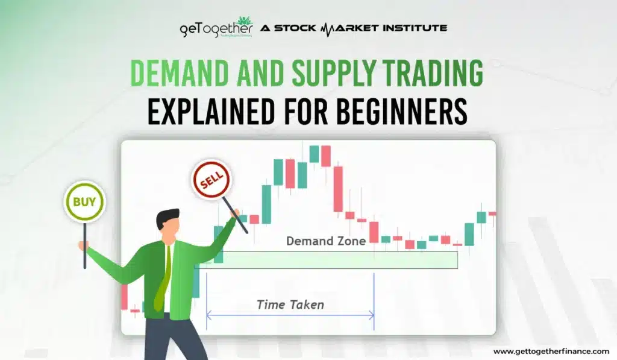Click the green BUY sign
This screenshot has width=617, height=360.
[84, 201]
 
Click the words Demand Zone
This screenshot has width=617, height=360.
[325, 241]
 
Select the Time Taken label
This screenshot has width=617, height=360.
[290, 305]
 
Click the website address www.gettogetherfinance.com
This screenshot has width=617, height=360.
[551, 351]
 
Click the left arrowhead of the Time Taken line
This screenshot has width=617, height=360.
[208, 314]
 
